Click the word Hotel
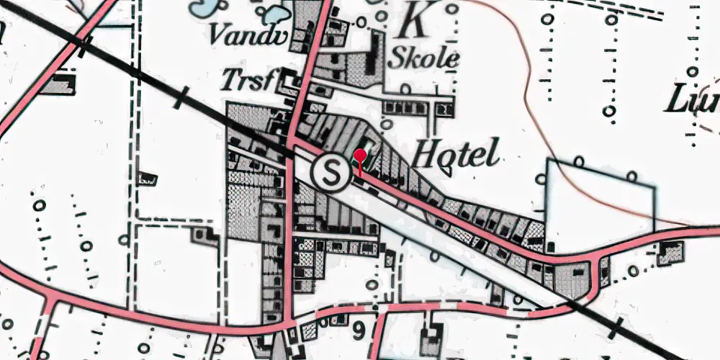458,154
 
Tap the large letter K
415,19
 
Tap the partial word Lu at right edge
691,101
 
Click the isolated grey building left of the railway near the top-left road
60,84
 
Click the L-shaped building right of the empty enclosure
672,251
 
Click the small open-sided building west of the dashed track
149,176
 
